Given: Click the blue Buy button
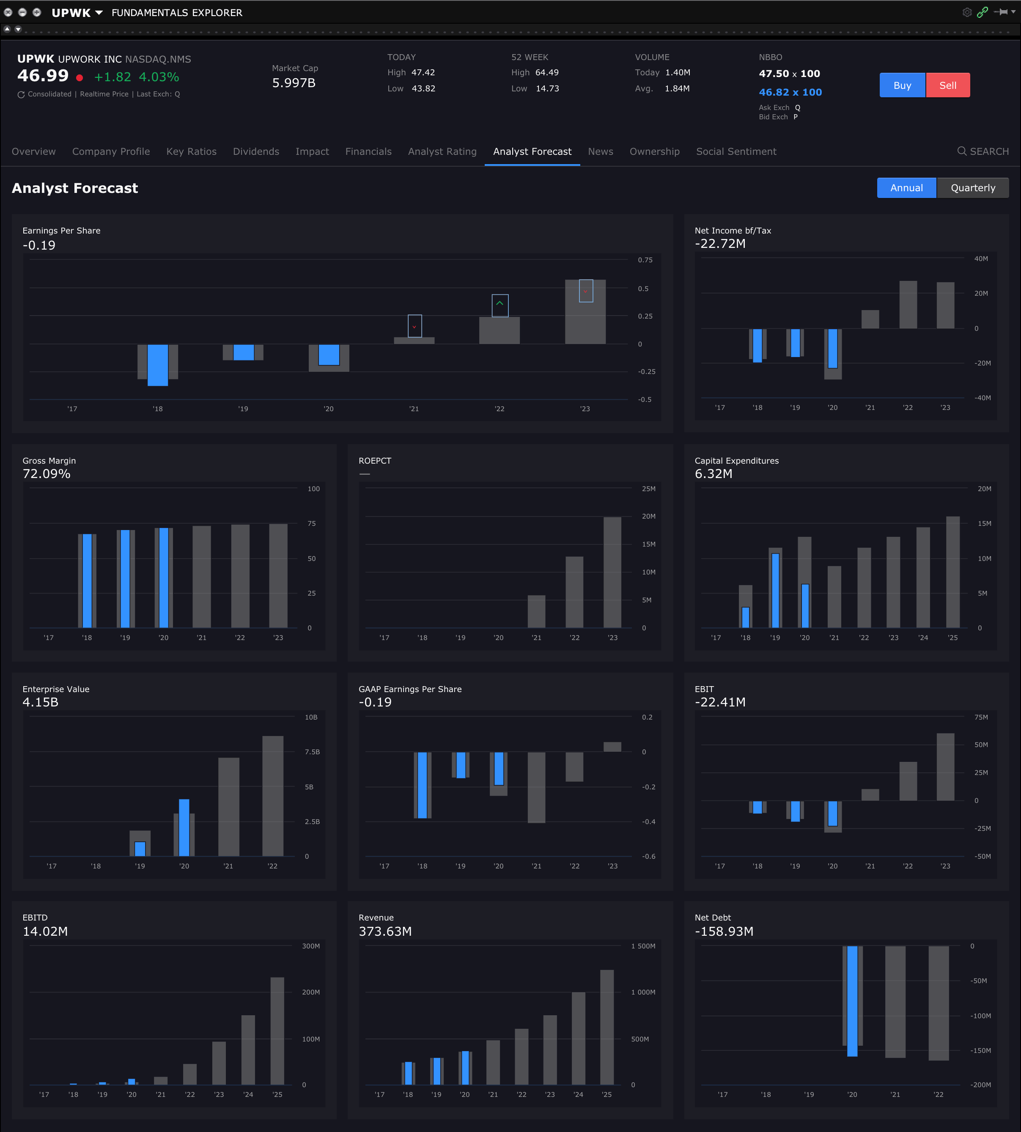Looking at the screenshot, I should click(902, 85).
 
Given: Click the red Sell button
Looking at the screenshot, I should click(947, 85).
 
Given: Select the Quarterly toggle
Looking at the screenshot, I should click(972, 188).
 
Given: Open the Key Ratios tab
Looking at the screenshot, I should click(191, 151).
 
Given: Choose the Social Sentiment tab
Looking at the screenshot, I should click(736, 151).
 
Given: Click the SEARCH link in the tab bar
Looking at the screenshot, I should click(983, 151).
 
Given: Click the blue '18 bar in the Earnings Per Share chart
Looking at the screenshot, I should click(158, 365).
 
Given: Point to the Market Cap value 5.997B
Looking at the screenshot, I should click(294, 83).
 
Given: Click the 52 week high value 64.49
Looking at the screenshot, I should click(547, 72).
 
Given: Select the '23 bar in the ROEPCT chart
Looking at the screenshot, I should click(612, 572).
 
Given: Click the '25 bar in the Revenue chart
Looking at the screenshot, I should click(607, 1027).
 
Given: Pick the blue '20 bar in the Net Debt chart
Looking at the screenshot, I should click(852, 1001).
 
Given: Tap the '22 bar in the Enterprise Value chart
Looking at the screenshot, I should click(273, 796).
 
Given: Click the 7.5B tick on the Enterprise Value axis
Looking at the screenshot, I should click(312, 752).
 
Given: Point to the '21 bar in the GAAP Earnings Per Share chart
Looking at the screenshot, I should click(536, 788).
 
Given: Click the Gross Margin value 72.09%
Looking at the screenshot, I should click(47, 474).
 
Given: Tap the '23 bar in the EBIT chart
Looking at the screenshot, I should click(945, 767).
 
